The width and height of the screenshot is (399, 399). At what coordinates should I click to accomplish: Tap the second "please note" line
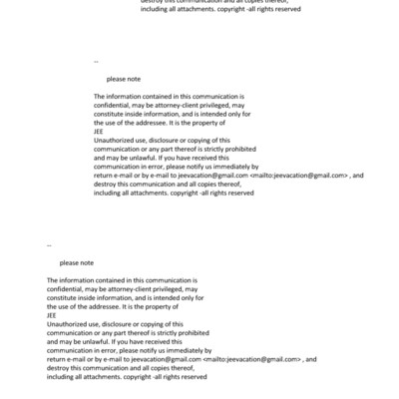[x=76, y=262]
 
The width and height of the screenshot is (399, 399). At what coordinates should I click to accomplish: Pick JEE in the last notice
[x=52, y=317]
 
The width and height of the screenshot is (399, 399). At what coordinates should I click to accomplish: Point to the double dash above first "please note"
[x=96, y=61]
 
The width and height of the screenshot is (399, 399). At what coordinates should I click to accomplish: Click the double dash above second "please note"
[x=50, y=245]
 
